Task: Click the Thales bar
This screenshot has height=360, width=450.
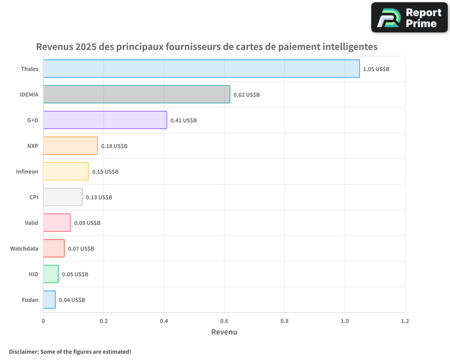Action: pyautogui.click(x=201, y=69)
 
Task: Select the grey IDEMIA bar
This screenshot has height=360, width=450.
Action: pyautogui.click(x=136, y=94)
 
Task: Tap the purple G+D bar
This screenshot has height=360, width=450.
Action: pyautogui.click(x=105, y=120)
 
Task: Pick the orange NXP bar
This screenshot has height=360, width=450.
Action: pyautogui.click(x=70, y=146)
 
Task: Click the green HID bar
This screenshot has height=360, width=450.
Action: pyautogui.click(x=51, y=274)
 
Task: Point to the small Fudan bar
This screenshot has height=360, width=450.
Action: pyautogui.click(x=49, y=300)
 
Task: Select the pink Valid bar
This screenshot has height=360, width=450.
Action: pyautogui.click(x=57, y=223)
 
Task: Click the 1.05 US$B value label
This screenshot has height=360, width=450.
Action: pyautogui.click(x=376, y=69)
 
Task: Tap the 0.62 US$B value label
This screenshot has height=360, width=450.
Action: pyautogui.click(x=247, y=95)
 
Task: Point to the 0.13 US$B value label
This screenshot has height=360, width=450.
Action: pyautogui.click(x=99, y=198)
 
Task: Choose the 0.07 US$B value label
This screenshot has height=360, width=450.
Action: pyautogui.click(x=81, y=249)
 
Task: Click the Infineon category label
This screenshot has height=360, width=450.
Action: pyautogui.click(x=27, y=172)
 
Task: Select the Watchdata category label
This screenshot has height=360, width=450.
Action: pyautogui.click(x=24, y=249)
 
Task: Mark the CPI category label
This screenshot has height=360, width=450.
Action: pyautogui.click(x=34, y=198)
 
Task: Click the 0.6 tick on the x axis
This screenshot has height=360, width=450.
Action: pyautogui.click(x=224, y=321)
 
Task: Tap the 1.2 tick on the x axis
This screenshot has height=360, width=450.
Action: pyautogui.click(x=405, y=321)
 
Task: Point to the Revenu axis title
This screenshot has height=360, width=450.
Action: pyautogui.click(x=224, y=332)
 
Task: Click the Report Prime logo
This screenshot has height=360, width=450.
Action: pyautogui.click(x=409, y=18)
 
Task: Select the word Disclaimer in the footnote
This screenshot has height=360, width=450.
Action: pyautogui.click(x=23, y=351)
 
